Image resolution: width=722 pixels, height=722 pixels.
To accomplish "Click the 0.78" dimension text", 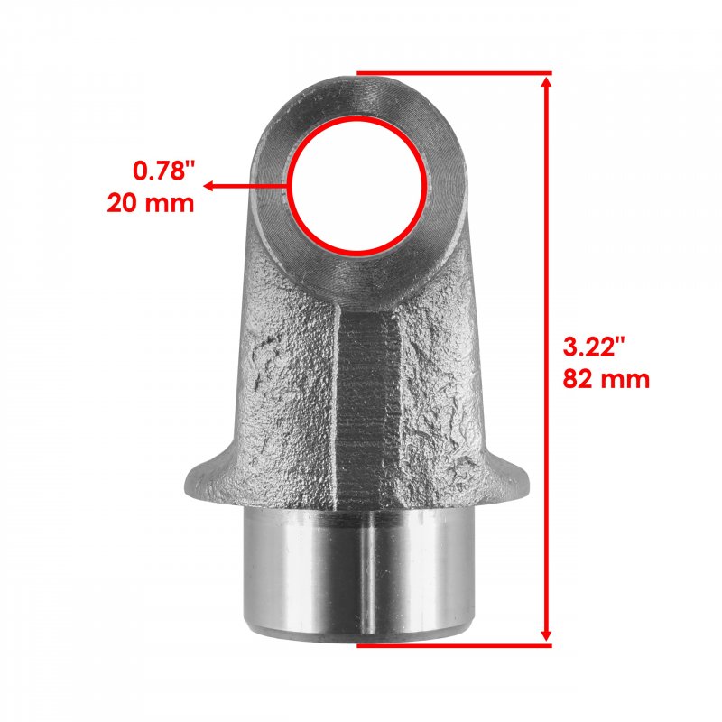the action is coord(165,171).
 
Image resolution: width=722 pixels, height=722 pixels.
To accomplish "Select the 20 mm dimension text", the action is coord(151,203).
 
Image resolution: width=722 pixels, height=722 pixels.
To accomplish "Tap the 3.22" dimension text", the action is coord(595,347).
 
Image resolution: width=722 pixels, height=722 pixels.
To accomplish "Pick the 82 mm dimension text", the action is coord(606,379).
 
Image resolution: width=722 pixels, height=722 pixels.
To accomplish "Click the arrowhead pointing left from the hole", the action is coord(208,186).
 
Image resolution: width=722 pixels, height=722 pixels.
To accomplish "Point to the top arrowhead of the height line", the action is coord(547,82).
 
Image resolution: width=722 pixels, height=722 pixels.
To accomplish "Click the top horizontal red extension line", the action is coord(454,73).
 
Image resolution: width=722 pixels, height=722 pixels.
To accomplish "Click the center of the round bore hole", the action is coord(358,186).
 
